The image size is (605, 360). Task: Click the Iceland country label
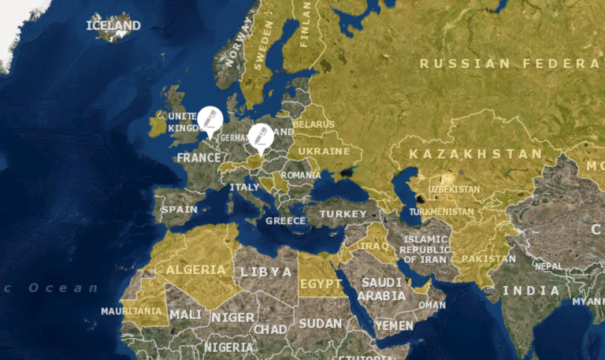point(113,25)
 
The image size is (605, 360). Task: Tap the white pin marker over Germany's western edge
point(210,120)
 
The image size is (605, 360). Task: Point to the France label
point(199,158)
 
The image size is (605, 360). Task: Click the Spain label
point(179,210)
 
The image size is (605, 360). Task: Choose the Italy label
point(244,187)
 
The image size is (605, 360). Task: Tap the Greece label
point(285,221)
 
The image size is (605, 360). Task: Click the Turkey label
point(343,213)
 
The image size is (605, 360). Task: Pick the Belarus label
point(314,124)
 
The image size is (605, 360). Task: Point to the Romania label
point(301,174)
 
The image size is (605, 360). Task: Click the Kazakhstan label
point(476,154)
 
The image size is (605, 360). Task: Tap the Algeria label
point(195,269)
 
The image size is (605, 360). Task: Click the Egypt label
point(321,284)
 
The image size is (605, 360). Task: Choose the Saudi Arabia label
point(381,289)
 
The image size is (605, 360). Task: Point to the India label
point(532,291)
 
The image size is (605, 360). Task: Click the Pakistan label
point(488,258)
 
